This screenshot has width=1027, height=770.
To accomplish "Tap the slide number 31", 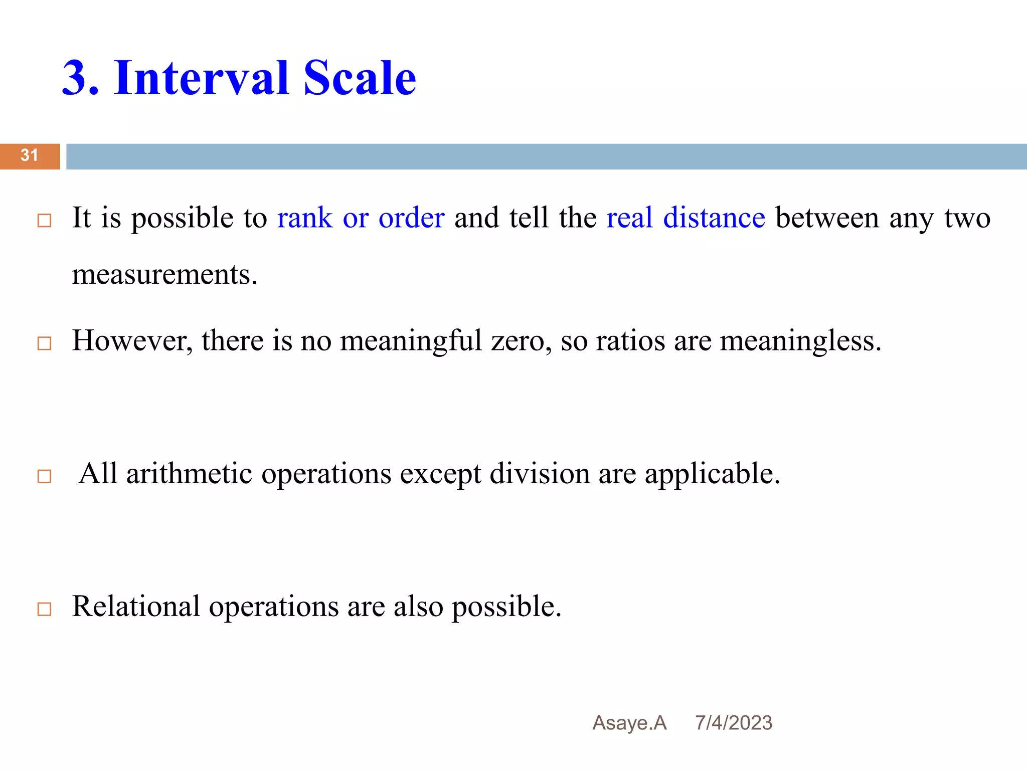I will tap(29, 155).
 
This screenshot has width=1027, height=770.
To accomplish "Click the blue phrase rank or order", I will tap(361, 218).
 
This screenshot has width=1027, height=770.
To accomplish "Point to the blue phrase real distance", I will tap(686, 218).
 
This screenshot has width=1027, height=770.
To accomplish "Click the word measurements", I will tap(164, 275).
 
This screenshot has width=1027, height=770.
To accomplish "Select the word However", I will tap(132, 341).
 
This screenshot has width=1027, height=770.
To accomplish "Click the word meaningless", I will tap(800, 341).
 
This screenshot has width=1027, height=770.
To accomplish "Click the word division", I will tap(540, 474).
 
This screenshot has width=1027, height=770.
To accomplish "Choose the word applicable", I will tap(712, 474).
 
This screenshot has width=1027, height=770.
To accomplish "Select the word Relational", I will tap(136, 607).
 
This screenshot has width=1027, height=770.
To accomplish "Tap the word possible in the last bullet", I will tap(506, 607).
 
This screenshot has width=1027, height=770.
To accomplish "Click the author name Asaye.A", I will tap(629, 723).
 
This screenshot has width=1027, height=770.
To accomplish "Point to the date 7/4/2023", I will tap(733, 723).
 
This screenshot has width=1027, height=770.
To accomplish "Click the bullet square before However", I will tap(45, 343).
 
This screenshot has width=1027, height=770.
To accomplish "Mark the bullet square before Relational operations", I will tap(45, 609).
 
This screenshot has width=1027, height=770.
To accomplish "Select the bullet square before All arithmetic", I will tap(45, 476).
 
